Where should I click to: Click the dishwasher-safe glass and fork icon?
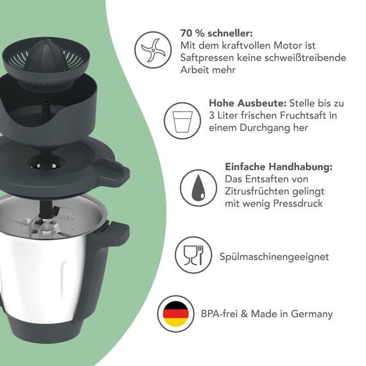click(193, 256)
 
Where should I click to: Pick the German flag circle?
click(175, 314)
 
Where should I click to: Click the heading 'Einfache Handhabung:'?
click(279, 166)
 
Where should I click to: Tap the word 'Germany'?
click(311, 314)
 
